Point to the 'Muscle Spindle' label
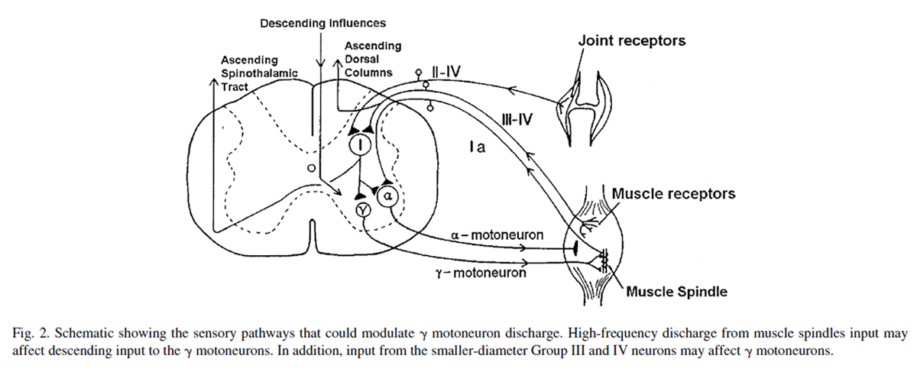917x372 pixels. pyautogui.click(x=676, y=291)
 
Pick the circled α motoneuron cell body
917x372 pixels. pyautogui.click(x=387, y=196)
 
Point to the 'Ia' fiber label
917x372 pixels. pyautogui.click(x=478, y=150)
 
